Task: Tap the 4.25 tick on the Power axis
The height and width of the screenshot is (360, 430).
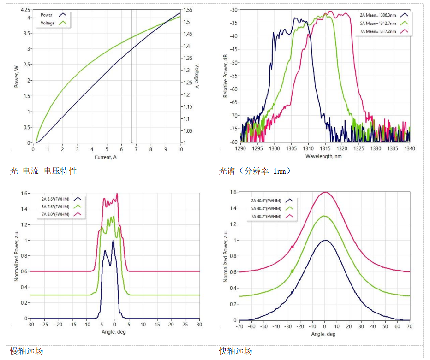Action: (25, 10)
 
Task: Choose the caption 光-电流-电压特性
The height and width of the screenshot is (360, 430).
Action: (44, 171)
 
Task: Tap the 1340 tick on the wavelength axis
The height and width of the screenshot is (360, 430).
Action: (410, 149)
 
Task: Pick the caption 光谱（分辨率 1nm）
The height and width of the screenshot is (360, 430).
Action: (255, 171)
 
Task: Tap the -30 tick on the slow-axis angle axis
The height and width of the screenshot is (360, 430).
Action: (30, 325)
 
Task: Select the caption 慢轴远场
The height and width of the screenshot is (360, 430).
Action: (27, 351)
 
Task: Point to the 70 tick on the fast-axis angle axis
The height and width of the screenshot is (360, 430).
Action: (410, 326)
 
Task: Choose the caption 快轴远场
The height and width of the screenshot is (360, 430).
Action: (236, 351)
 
